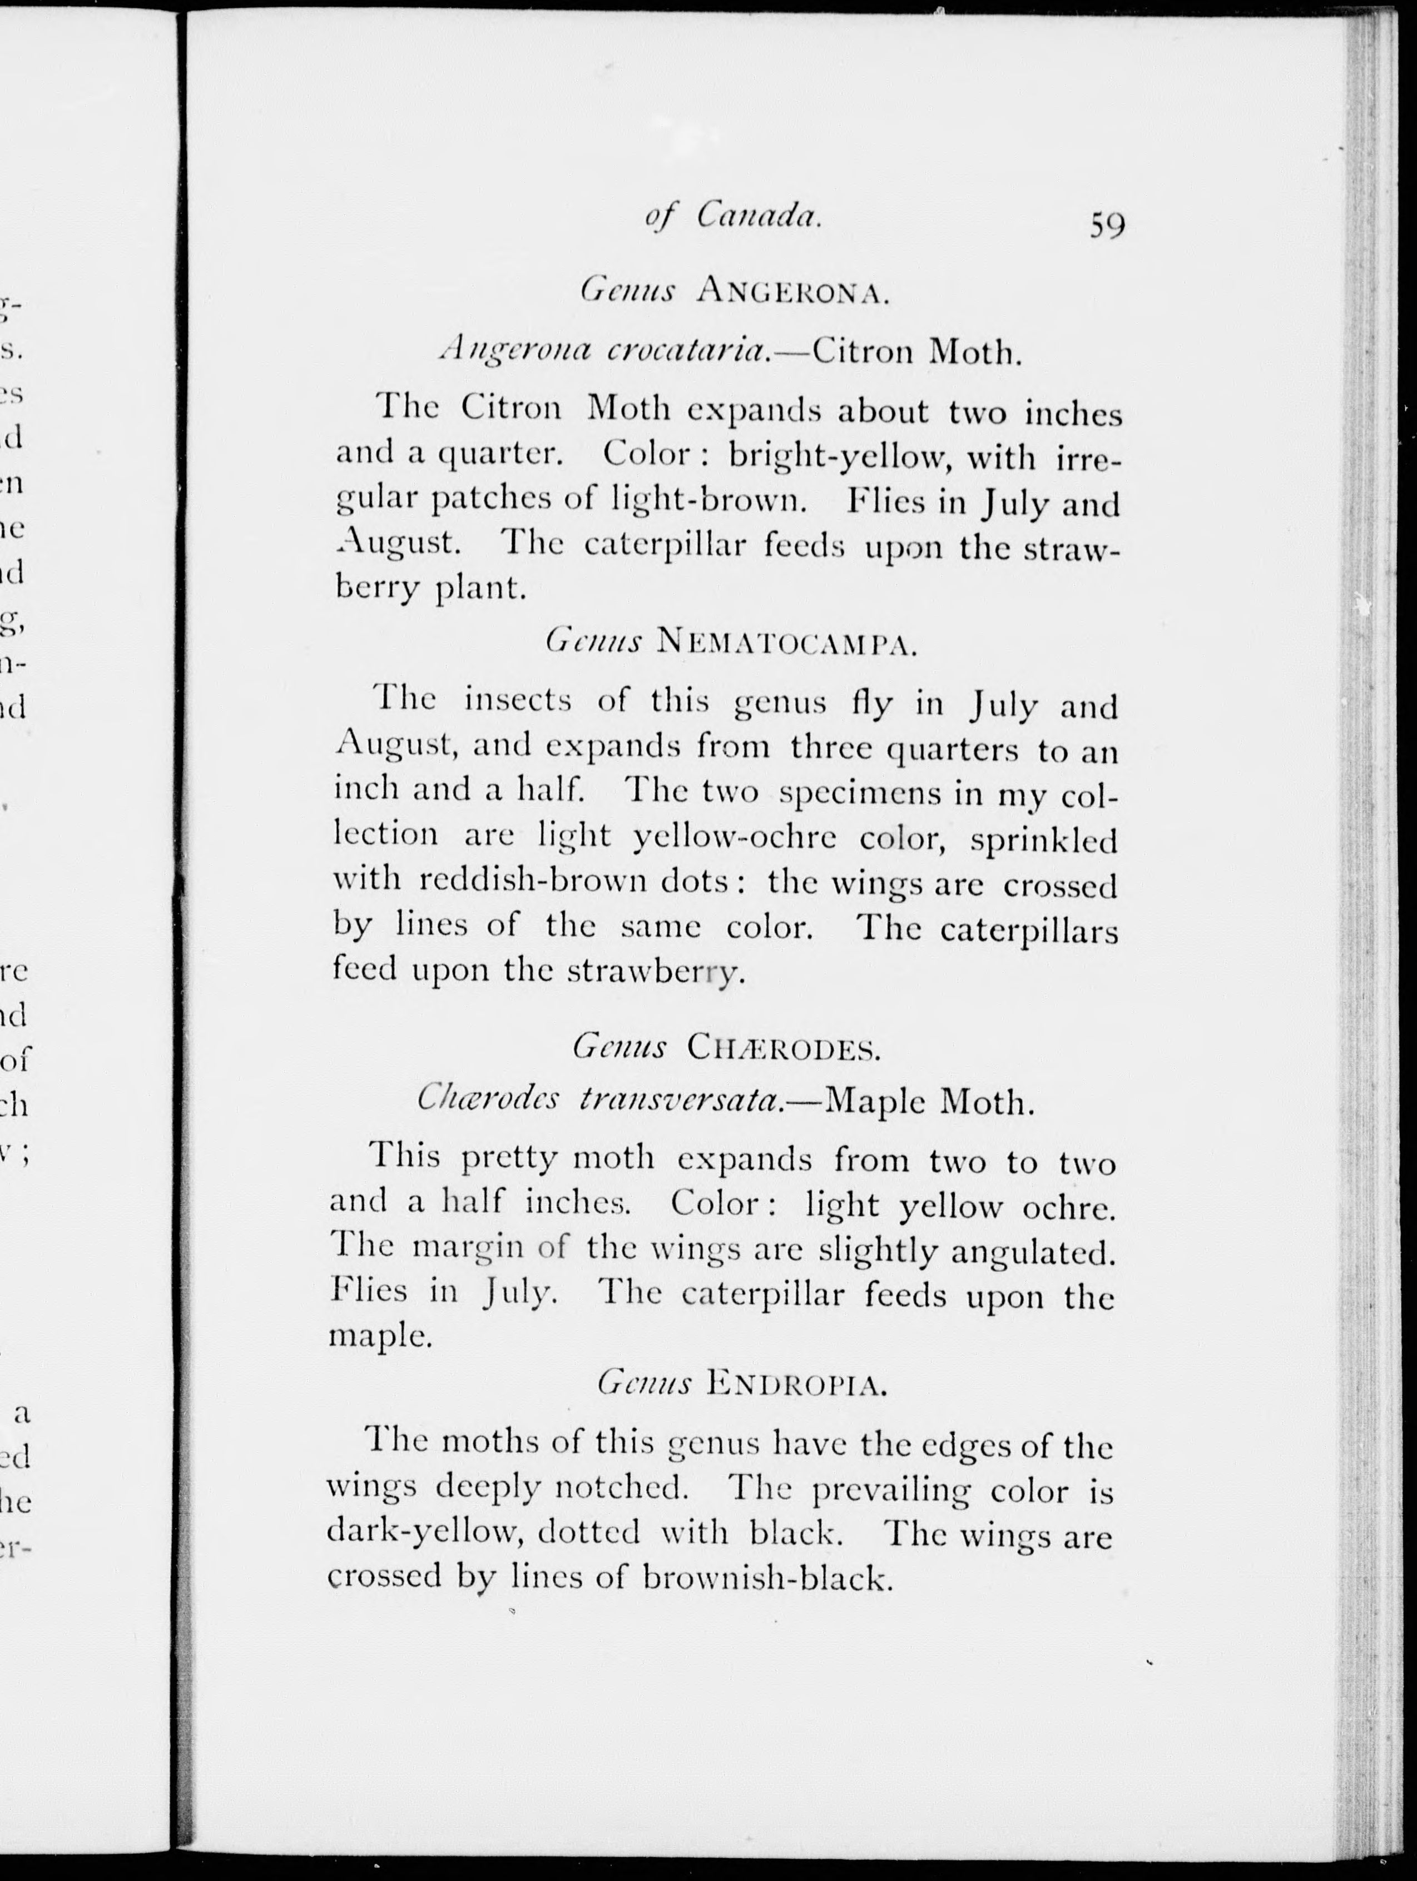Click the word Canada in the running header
pos(759,216)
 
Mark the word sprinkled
pos(1044,839)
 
